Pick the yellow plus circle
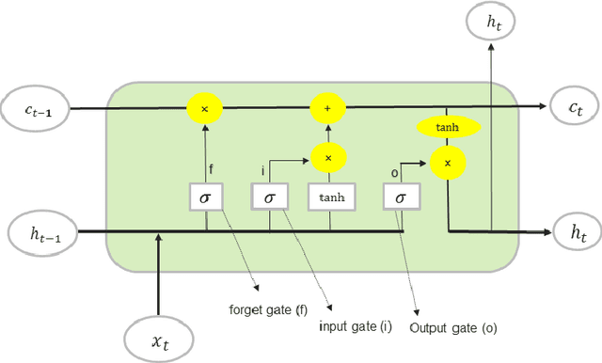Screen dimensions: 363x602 pyautogui.click(x=327, y=108)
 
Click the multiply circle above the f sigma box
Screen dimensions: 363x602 pyautogui.click(x=205, y=108)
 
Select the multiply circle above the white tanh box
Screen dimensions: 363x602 pyautogui.click(x=327, y=157)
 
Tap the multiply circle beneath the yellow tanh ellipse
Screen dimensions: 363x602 pyautogui.click(x=448, y=164)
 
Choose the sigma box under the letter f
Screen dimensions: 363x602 pyautogui.click(x=206, y=197)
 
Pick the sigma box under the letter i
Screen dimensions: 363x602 pyautogui.click(x=269, y=197)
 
